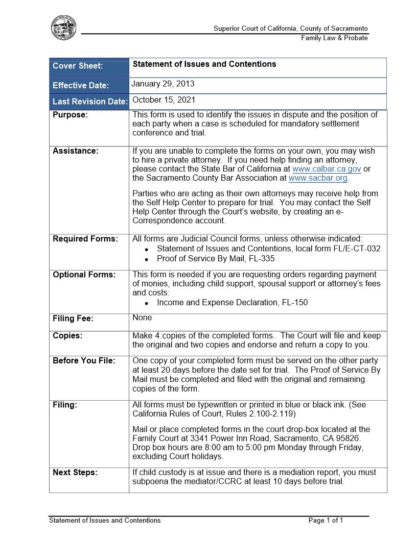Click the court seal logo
pos(64,28)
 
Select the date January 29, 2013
pos(163,84)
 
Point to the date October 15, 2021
pos(164,100)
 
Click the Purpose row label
pos(70,115)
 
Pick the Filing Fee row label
pos(73,318)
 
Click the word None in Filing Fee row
pos(142,317)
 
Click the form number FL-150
pos(294,302)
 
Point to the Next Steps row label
pos(75,473)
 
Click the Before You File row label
pos(84,360)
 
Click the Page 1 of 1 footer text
pos(326,521)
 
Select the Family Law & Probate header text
pos(334,38)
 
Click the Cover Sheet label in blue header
pos(78,66)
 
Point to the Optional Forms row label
pos(84,275)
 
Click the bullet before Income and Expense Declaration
pos(147,303)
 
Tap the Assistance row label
pos(76,151)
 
